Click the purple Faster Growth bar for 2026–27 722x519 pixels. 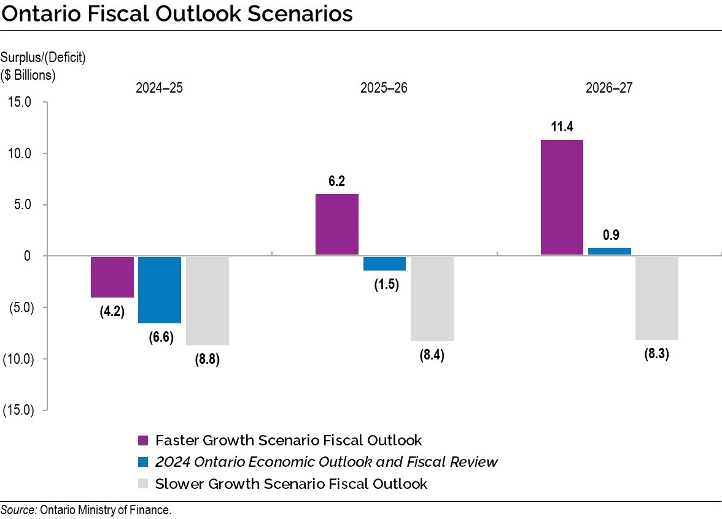click(x=562, y=197)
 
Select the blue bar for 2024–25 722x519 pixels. click(x=160, y=290)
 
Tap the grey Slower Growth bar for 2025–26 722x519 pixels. click(x=432, y=298)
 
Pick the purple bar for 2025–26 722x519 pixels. click(x=337, y=224)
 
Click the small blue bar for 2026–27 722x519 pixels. click(x=609, y=251)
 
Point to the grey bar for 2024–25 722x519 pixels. click(x=208, y=301)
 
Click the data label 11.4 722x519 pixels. click(x=562, y=127)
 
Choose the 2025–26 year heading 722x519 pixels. click(x=384, y=88)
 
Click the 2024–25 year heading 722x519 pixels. click(x=159, y=88)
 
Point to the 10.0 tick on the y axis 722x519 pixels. click(x=19, y=153)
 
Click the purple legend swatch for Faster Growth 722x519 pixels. click(x=143, y=440)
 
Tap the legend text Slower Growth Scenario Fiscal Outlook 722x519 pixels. click(x=291, y=483)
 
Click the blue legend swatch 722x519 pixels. click(x=143, y=462)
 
